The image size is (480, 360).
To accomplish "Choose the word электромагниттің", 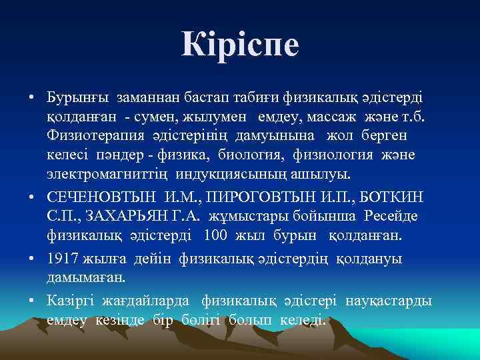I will click(x=108, y=175).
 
